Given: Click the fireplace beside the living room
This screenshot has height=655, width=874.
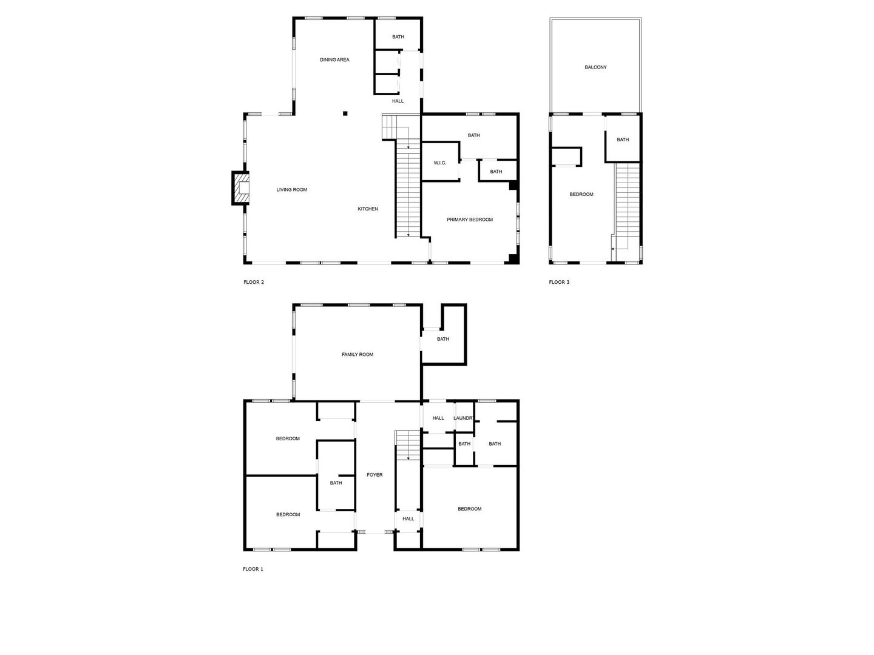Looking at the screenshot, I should point(241,189).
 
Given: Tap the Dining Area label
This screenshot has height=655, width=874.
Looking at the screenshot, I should point(334,60).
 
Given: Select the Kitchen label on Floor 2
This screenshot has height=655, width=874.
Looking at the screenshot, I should point(367,209).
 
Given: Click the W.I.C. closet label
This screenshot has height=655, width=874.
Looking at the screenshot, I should point(440,163).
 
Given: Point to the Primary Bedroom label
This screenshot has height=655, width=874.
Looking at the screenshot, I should point(470,220).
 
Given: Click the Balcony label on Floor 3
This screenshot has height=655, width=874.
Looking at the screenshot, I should point(595,67).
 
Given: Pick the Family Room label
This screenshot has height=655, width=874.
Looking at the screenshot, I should point(357,355).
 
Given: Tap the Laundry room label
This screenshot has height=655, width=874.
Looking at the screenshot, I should point(464,418).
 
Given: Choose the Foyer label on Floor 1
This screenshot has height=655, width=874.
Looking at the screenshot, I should point(374,475).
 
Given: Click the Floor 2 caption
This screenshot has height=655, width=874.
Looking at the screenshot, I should point(254,282).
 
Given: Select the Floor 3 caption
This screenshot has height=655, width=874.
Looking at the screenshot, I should point(559,282).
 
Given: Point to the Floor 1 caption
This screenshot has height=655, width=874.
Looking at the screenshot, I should point(253,569).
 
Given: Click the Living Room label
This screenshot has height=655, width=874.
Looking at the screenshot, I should point(292,190).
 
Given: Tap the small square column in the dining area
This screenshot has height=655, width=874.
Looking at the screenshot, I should point(345,113).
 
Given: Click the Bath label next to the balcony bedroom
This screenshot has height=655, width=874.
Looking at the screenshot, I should point(623,140).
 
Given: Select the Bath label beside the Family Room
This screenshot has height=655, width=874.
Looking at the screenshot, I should point(443,339).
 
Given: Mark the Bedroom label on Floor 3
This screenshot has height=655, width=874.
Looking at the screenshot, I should point(581,195).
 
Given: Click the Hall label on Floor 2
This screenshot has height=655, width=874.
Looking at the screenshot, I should point(398,101).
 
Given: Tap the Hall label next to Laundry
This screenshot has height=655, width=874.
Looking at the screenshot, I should point(438,418).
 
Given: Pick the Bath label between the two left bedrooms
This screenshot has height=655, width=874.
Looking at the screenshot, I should point(336,483).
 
